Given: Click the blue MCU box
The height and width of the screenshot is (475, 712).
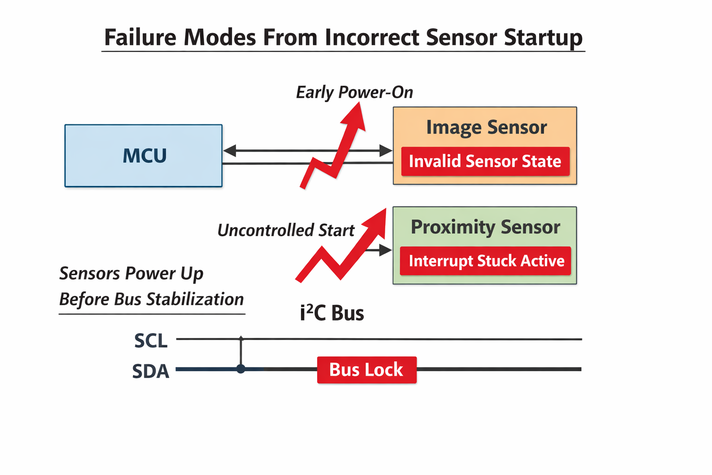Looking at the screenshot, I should (143, 156).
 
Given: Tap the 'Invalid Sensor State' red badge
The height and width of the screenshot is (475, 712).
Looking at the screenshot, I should (485, 161).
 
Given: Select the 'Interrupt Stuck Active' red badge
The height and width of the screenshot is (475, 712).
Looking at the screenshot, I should (485, 261).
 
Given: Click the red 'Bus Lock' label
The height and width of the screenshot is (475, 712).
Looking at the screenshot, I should (366, 370).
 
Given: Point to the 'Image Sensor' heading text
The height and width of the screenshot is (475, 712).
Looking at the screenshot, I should (486, 127).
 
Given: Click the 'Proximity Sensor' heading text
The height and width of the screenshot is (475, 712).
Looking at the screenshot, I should (485, 227).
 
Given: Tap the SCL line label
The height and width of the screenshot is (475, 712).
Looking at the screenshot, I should (151, 341).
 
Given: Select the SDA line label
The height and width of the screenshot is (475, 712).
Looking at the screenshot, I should (151, 372).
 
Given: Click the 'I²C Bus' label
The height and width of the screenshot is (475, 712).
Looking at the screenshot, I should (332, 314).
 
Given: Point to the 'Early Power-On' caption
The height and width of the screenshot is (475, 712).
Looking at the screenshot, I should (354, 92).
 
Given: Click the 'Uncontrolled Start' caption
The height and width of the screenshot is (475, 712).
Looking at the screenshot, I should (286, 230).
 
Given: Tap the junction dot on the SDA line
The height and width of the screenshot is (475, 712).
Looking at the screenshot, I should (241, 369).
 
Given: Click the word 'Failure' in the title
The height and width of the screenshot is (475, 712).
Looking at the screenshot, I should (140, 37).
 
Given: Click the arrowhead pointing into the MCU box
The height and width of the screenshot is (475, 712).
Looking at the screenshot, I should (229, 150).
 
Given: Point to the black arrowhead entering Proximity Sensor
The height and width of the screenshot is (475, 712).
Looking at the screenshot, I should (386, 250).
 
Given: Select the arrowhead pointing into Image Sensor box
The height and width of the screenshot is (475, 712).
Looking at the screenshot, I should (386, 150).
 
